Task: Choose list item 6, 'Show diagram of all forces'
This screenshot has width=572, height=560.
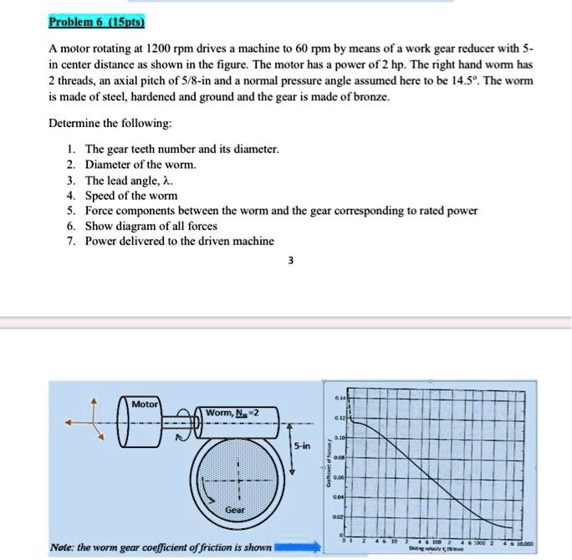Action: click(x=151, y=226)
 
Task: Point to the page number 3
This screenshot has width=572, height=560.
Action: click(x=290, y=261)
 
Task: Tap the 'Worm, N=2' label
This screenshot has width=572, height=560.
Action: click(x=226, y=413)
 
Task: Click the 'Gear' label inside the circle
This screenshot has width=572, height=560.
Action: click(x=234, y=509)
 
